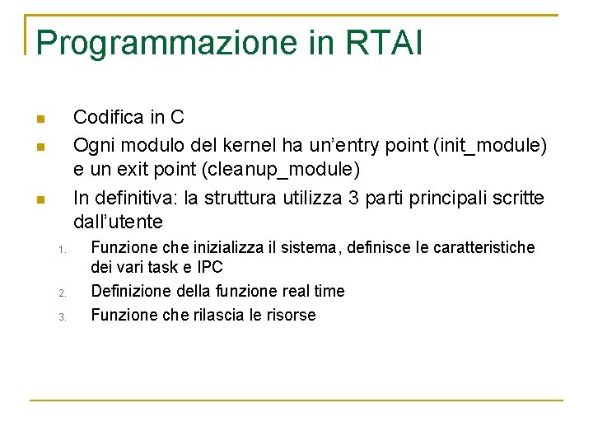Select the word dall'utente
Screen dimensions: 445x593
click(118, 222)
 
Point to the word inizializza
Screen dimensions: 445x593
click(215, 247)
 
